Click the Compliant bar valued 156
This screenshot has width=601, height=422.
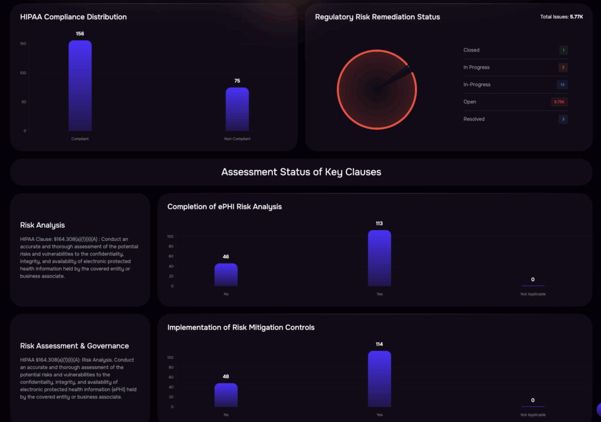[80, 86]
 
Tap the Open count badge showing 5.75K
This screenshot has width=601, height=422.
[559, 102]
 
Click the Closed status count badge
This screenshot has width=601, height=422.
[563, 50]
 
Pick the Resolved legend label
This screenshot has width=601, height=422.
[474, 119]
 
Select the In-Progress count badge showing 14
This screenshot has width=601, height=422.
[562, 85]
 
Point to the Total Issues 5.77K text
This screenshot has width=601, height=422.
[561, 17]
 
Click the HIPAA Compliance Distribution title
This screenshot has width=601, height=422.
[73, 17]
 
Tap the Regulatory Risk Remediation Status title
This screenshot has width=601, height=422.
[377, 17]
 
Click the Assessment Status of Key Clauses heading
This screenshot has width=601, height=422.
[301, 172]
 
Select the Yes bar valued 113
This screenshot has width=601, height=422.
[379, 258]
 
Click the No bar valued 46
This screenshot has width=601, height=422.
[226, 275]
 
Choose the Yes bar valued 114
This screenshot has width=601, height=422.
[379, 379]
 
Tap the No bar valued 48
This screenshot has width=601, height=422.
[226, 395]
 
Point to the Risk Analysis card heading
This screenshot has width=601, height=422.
[42, 225]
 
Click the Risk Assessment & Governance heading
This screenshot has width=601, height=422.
[74, 346]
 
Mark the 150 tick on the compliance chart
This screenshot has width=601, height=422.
[23, 44]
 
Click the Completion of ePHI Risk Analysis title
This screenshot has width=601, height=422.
[224, 207]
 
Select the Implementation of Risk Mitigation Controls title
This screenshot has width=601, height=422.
[241, 328]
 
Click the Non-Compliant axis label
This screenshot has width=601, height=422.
[237, 139]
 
